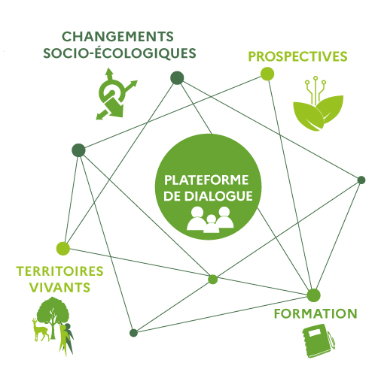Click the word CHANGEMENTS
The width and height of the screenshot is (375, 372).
pyautogui.click(x=117, y=37)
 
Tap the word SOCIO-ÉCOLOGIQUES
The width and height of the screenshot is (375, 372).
pyautogui.click(x=120, y=53)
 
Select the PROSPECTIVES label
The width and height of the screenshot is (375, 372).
pyautogui.click(x=297, y=56)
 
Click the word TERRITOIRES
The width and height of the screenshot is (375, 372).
pyautogui.click(x=59, y=271)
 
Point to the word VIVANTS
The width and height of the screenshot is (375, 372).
pyautogui.click(x=59, y=287)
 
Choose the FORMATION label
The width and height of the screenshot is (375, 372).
pyautogui.click(x=316, y=313)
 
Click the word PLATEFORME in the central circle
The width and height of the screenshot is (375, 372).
pyautogui.click(x=206, y=180)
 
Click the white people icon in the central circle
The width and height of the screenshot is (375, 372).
pyautogui.click(x=210, y=219)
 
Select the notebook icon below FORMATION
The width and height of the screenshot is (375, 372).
pyautogui.click(x=319, y=340)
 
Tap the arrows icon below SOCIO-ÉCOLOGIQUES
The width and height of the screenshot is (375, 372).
pyautogui.click(x=116, y=94)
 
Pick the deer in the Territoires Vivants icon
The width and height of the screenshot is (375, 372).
pyautogui.click(x=41, y=330)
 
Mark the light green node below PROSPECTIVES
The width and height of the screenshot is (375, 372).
pyautogui.click(x=267, y=74)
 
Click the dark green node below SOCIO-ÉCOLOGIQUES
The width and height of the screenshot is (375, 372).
pyautogui.click(x=177, y=78)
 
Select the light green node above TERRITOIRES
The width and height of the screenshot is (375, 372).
pyautogui.click(x=63, y=249)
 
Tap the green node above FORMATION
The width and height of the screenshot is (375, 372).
pyautogui.click(x=313, y=295)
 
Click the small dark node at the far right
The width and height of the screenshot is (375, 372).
pyautogui.click(x=361, y=180)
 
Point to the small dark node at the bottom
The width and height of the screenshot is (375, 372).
pyautogui.click(x=133, y=333)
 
